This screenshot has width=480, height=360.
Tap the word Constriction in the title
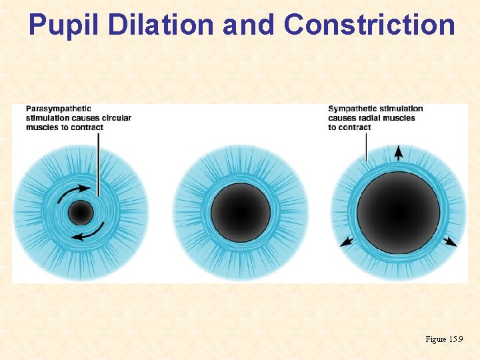pyautogui.click(x=369, y=25)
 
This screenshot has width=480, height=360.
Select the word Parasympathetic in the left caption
pyautogui.click(x=59, y=109)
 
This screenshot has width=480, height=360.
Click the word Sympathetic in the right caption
pyautogui.click(x=353, y=109)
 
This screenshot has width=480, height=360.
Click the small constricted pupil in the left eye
pyautogui.click(x=80, y=213)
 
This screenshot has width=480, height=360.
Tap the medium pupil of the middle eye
pyautogui.click(x=241, y=213)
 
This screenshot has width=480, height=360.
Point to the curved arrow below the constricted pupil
pyautogui.click(x=89, y=233)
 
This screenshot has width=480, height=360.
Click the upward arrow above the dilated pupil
pyautogui.click(x=398, y=153)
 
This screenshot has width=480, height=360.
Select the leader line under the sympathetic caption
pyautogui.click(x=367, y=147)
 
